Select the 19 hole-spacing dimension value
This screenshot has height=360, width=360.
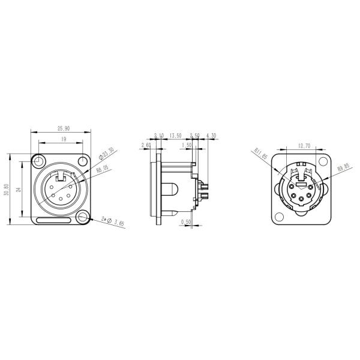coord(62,139)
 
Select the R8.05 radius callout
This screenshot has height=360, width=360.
coord(101,170)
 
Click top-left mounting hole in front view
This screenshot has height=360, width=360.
coord(40,161)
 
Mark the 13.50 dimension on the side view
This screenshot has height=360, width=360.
coord(176,136)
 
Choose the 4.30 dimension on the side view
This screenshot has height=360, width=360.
coord(211,136)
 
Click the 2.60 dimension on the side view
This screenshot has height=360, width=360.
coord(146,145)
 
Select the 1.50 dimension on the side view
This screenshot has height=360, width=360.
coord(186,145)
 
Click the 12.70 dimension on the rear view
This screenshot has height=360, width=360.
coord(302,145)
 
